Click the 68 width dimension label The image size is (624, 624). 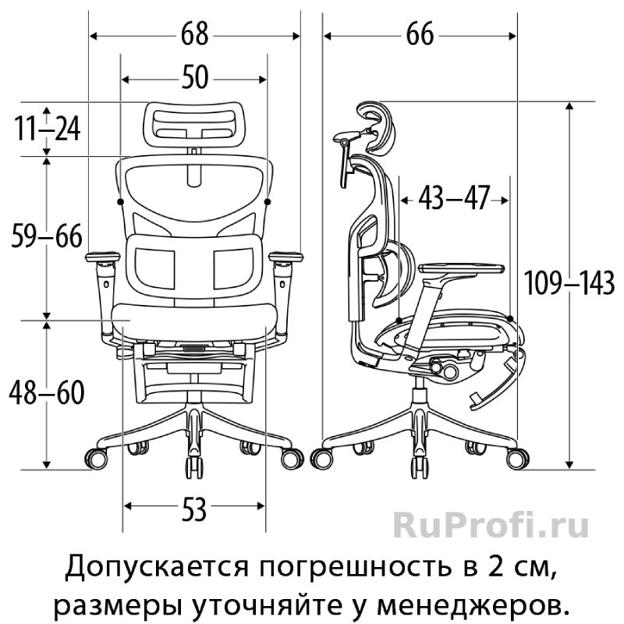(194, 34)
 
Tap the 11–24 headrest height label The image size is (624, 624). (48, 129)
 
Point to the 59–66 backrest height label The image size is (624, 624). (47, 236)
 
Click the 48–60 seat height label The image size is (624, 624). (47, 393)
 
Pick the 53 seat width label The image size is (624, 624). (194, 510)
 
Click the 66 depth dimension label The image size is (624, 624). (420, 34)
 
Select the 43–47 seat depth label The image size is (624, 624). (453, 198)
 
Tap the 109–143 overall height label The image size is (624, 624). (569, 283)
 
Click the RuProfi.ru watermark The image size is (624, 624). (491, 526)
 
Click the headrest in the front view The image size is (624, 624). (194, 125)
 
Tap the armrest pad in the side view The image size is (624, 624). (461, 268)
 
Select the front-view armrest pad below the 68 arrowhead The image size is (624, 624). (285, 257)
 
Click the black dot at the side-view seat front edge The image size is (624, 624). (510, 318)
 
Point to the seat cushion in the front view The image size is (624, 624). (194, 321)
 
